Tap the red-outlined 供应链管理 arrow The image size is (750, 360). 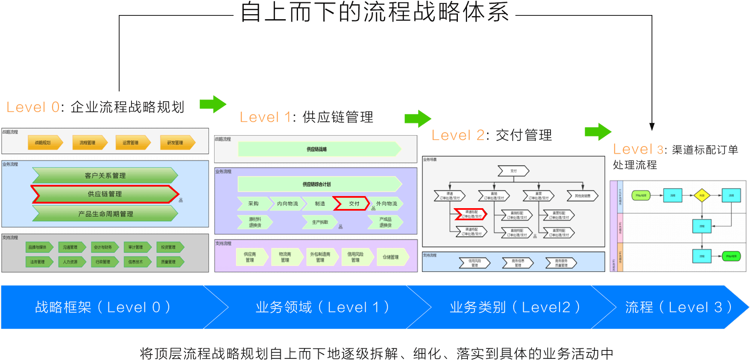(x=105, y=194)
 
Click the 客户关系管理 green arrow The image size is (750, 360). (x=105, y=176)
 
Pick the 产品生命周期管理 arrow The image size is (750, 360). (x=105, y=214)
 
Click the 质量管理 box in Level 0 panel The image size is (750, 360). (x=169, y=262)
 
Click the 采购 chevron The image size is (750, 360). (x=253, y=204)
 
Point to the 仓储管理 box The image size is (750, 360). (x=391, y=257)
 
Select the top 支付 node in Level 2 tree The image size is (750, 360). (x=513, y=171)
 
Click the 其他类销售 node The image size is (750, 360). (x=583, y=196)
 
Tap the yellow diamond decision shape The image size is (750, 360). (x=702, y=195)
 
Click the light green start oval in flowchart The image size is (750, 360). (x=641, y=195)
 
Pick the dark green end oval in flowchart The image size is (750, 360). (x=731, y=256)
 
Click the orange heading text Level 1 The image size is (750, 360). (x=265, y=117)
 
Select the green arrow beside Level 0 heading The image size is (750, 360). (x=213, y=104)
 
